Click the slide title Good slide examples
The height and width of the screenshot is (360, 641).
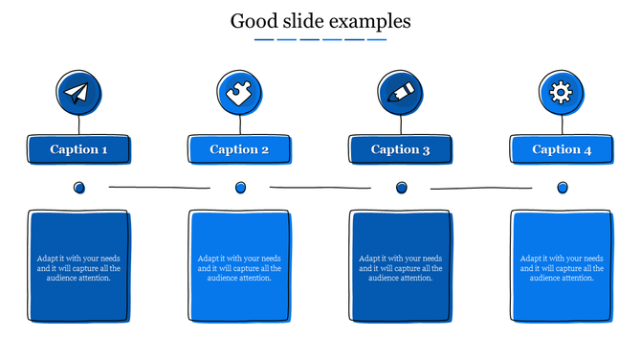320,20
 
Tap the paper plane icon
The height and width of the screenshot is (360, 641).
78,94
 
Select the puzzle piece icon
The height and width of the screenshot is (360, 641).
239,94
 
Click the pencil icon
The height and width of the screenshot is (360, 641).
401,94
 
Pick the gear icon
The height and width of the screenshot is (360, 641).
562,94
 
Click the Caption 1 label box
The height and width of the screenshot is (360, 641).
78,149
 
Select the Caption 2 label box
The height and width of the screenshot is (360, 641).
239,149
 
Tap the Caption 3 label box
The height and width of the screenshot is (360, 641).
401,149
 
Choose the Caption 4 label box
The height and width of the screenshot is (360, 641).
562,149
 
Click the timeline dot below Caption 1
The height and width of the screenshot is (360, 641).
79,188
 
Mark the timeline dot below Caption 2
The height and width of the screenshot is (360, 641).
240,188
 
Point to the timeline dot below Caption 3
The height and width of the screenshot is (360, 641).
401,188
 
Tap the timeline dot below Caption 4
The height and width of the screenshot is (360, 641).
563,188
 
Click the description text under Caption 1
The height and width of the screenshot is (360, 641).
78,268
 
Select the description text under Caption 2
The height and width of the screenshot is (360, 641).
239,268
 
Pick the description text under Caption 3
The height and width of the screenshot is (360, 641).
401,268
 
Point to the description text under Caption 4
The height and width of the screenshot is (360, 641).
562,268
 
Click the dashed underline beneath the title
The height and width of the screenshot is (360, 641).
320,40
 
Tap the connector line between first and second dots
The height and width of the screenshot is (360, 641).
159,188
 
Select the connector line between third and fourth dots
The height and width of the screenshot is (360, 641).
481,188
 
